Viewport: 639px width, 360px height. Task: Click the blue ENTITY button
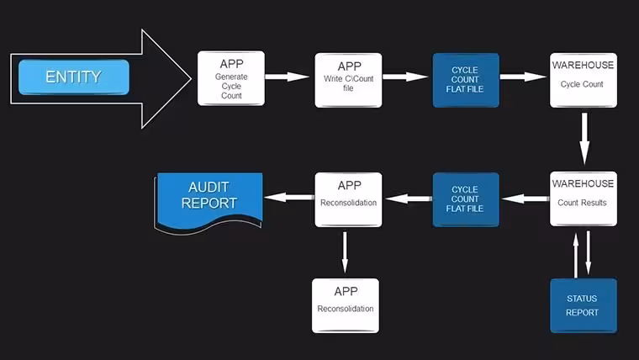click(74, 77)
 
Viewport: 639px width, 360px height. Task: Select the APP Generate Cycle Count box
click(231, 78)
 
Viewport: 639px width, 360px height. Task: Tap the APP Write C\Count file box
click(348, 80)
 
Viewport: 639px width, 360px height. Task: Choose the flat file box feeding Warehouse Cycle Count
click(466, 80)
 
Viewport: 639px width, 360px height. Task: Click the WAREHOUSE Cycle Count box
click(584, 80)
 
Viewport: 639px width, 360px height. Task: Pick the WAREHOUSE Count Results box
click(584, 199)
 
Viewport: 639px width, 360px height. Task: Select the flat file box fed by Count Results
click(466, 199)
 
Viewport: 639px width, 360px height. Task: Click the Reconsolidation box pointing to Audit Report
click(348, 200)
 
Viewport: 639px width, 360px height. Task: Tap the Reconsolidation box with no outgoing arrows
click(346, 306)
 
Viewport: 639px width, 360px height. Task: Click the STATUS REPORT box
click(584, 306)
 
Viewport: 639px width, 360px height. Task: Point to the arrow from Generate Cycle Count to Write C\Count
click(287, 77)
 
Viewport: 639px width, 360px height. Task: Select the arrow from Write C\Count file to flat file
click(405, 77)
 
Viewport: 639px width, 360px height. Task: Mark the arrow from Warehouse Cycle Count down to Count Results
click(584, 139)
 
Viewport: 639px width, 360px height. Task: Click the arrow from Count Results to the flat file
click(525, 199)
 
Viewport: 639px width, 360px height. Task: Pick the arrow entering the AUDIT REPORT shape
click(289, 198)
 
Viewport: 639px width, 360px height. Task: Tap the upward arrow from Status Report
click(576, 255)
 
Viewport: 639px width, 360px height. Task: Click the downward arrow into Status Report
click(588, 253)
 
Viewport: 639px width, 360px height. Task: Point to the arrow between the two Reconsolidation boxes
click(345, 252)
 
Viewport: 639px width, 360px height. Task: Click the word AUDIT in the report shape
click(209, 187)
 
